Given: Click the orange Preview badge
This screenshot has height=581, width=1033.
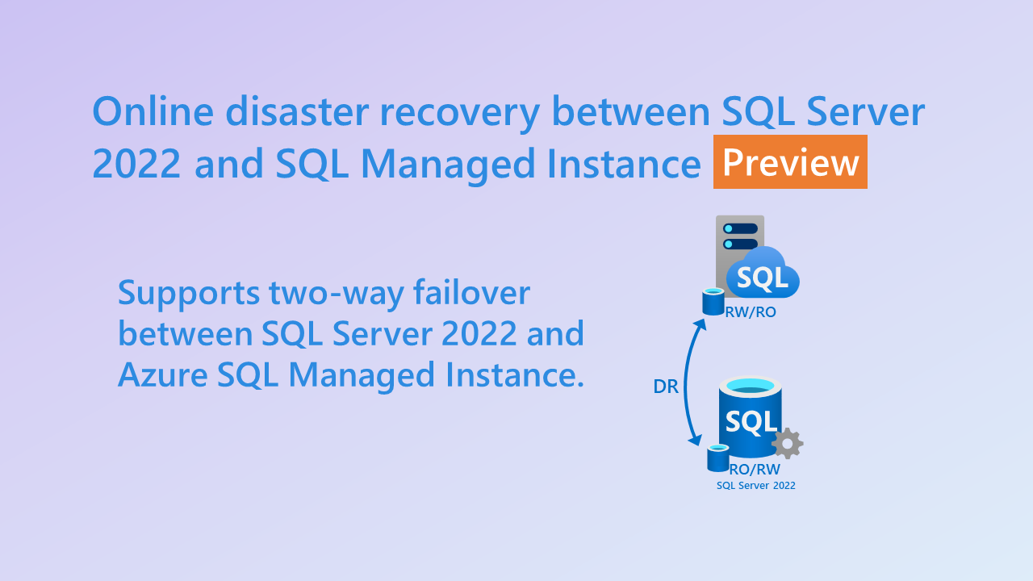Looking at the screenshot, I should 790,162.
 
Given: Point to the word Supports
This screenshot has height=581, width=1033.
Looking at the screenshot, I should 187,294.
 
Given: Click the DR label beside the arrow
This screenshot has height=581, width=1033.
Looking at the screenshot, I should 665,387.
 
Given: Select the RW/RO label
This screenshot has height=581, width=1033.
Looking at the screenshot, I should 751,312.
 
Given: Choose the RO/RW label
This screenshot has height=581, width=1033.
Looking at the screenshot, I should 755,470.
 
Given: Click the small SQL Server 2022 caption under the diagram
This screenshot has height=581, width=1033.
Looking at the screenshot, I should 756,486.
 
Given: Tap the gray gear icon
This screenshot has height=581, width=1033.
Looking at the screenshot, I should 787,443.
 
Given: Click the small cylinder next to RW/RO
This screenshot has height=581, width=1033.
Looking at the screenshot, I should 713,302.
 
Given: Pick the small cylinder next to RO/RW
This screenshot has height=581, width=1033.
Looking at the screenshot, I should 717,458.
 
